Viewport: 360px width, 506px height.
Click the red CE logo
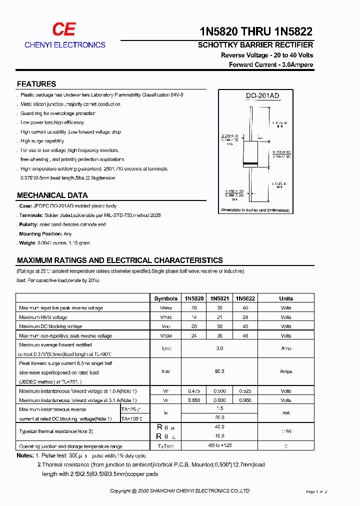click(x=64, y=30)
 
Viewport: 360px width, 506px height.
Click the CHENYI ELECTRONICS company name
click(x=65, y=45)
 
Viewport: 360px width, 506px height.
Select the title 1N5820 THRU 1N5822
click(x=256, y=31)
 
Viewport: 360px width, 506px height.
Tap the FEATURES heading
click(x=36, y=84)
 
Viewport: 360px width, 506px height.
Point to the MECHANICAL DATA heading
click(x=52, y=195)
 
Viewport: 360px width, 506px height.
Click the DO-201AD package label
click(x=262, y=96)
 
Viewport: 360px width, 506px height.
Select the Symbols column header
click(x=166, y=298)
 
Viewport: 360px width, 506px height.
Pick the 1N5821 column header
click(x=219, y=298)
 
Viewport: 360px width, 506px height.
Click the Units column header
click(x=286, y=298)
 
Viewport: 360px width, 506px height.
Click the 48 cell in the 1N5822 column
click(x=245, y=336)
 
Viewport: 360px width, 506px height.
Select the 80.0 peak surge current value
click(x=219, y=371)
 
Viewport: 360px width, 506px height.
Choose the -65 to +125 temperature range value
click(x=219, y=445)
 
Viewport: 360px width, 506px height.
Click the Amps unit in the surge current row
click(x=286, y=371)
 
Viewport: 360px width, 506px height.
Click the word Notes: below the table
click(x=25, y=455)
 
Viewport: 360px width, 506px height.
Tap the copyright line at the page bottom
click(x=180, y=491)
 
